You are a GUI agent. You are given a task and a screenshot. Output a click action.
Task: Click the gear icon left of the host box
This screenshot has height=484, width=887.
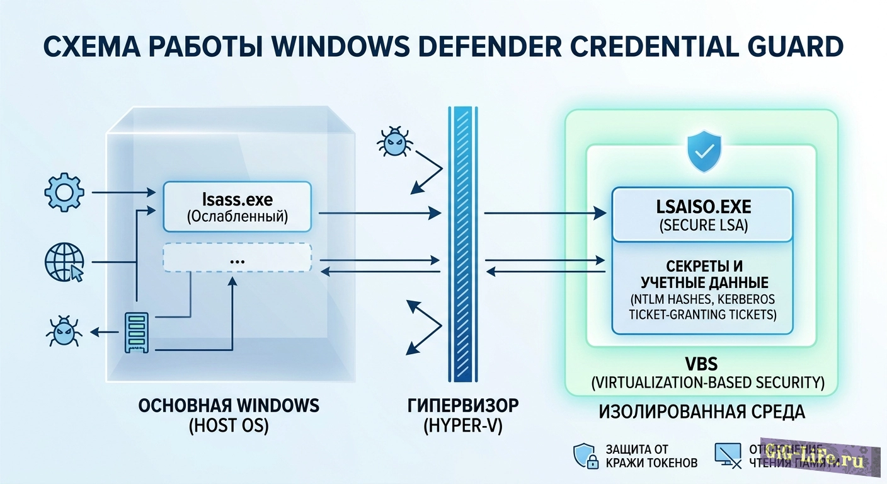65,193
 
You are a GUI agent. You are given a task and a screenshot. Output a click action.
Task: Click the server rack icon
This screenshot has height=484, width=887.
137,333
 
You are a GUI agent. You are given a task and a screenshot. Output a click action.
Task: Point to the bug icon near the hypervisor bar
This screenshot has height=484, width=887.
394,142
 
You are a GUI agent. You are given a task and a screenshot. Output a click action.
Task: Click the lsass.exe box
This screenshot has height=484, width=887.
237,207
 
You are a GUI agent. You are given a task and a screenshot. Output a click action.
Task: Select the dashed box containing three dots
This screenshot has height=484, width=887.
237,258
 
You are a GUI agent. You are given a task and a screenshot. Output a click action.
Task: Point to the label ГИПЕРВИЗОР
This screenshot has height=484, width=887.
463,405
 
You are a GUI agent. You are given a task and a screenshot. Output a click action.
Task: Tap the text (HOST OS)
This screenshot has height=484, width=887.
229,426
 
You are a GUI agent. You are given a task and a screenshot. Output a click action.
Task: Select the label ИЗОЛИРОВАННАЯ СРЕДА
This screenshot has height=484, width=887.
702,412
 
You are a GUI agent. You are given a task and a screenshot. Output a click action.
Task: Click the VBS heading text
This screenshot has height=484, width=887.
702,364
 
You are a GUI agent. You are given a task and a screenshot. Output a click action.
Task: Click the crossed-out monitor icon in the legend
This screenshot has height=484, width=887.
728,454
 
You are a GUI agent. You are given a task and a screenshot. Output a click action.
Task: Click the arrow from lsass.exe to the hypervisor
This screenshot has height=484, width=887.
378,214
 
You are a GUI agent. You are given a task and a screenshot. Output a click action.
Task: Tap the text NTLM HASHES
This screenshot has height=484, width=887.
667,298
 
